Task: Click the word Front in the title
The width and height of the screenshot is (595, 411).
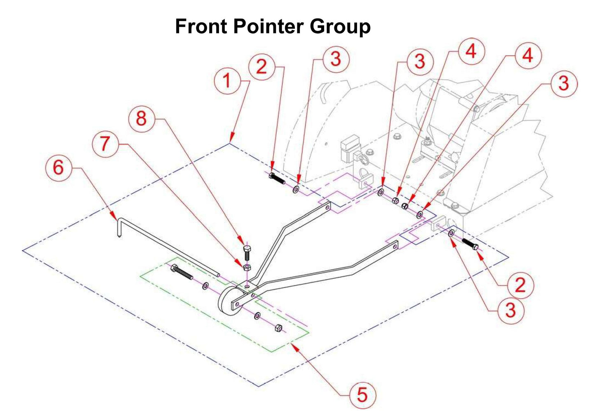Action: point(201,27)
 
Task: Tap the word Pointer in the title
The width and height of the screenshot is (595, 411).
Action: point(268,27)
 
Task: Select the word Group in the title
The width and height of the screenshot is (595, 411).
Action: point(340,27)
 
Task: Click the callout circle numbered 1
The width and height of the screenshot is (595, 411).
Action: point(227,81)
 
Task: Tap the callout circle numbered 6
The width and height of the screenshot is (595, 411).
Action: point(58,167)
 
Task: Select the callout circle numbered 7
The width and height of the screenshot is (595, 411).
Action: point(105,144)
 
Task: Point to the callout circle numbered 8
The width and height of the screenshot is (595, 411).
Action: point(141,118)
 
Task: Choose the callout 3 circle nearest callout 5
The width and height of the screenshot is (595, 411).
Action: point(510,310)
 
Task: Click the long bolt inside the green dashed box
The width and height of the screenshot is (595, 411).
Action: point(181,272)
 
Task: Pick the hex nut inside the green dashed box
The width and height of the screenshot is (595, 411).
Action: point(279,328)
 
